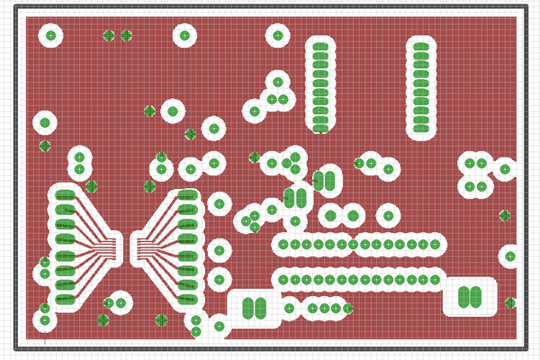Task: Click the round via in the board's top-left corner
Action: tap(50, 36)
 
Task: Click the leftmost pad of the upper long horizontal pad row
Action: tap(283, 244)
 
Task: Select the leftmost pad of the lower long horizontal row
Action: tap(283, 280)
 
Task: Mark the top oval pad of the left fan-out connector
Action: tap(65, 194)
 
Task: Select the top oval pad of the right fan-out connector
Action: tap(187, 194)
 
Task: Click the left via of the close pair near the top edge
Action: tap(109, 36)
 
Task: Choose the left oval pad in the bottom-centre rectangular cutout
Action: tap(247, 307)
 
